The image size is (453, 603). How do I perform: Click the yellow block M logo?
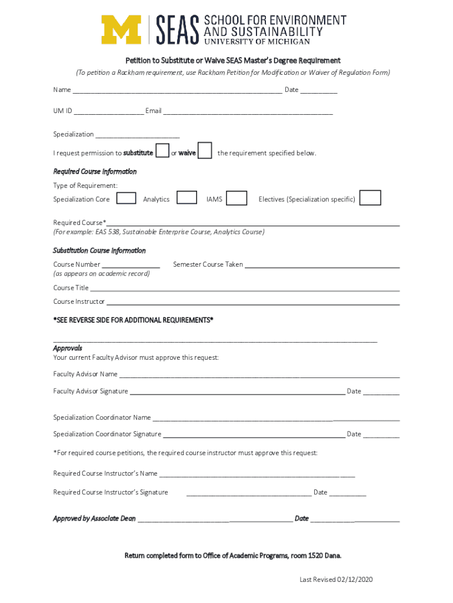click(x=121, y=29)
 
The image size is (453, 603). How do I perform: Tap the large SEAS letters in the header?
click(x=177, y=29)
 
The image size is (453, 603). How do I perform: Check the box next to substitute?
click(x=162, y=151)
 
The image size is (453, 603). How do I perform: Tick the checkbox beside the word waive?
click(x=205, y=151)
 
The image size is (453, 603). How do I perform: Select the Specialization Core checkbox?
click(x=126, y=198)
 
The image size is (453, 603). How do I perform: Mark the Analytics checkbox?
click(x=187, y=198)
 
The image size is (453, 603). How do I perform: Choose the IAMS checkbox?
click(x=237, y=198)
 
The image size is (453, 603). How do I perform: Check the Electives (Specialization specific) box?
click(x=370, y=198)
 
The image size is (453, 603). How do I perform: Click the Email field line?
click(x=248, y=112)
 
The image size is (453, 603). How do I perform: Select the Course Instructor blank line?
click(x=252, y=303)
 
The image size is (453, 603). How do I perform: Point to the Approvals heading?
click(x=68, y=348)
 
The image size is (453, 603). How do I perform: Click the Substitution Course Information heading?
click(x=99, y=250)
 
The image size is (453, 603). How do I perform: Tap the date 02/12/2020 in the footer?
click(x=355, y=580)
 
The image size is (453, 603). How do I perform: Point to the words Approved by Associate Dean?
click(x=94, y=519)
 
